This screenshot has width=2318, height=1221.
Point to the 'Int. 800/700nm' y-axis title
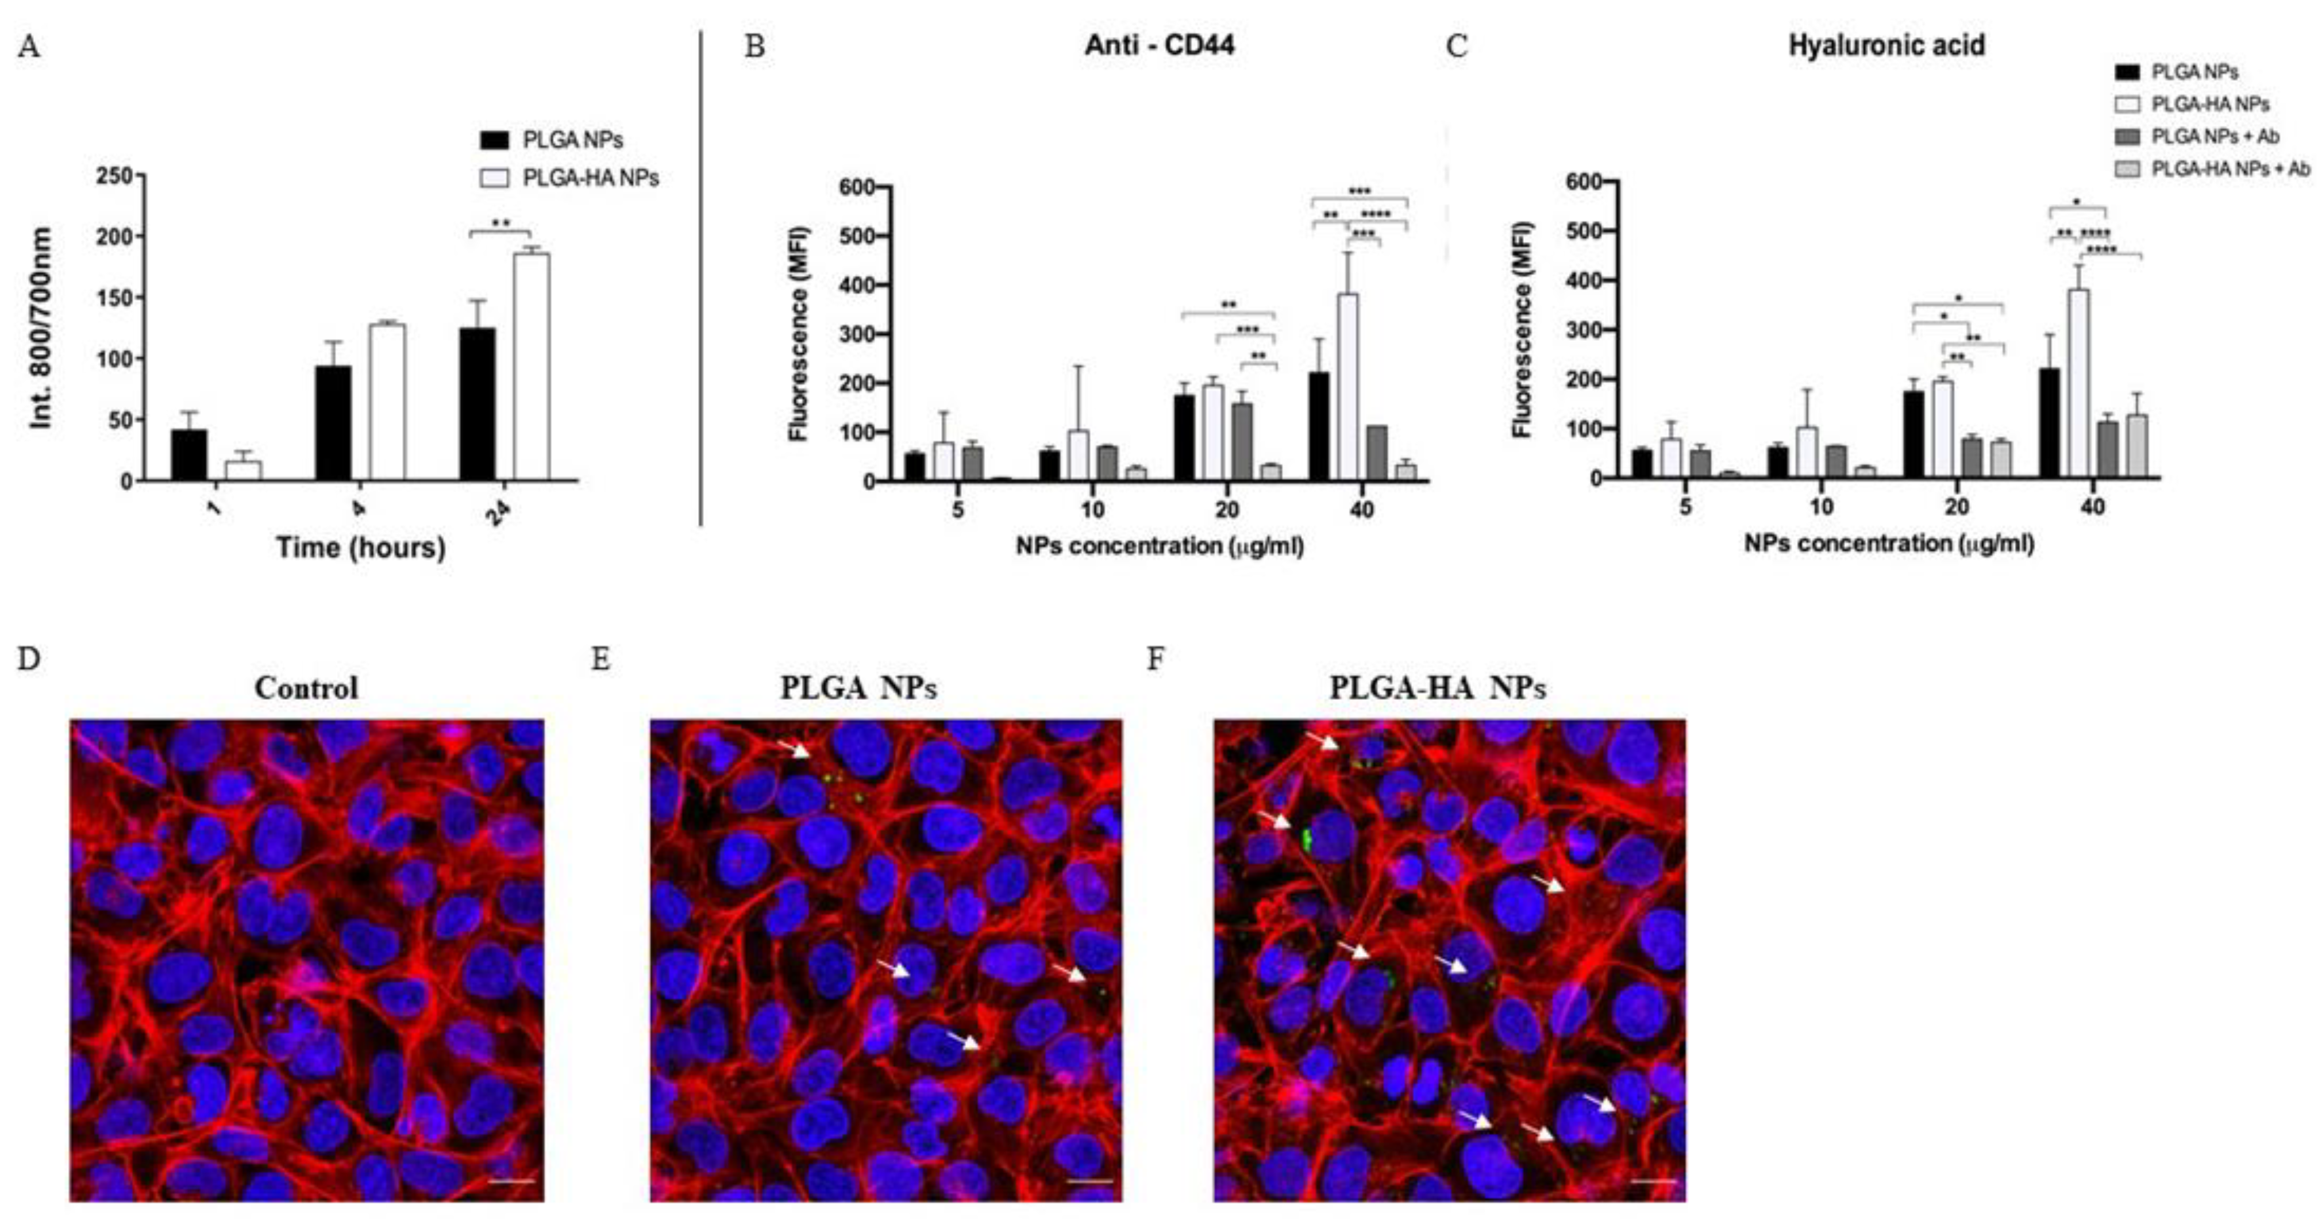41,329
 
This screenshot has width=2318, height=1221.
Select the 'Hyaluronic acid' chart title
1886,45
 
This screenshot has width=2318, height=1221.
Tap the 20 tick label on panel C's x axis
1956,507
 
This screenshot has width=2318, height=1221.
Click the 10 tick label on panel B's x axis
1092,510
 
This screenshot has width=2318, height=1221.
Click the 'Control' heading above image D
306,688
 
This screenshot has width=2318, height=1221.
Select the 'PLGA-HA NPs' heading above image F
1437,688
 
